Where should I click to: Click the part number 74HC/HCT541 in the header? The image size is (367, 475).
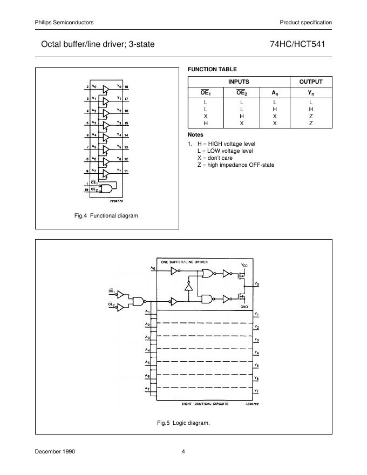tap(301, 45)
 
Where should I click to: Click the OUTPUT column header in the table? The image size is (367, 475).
tap(311, 82)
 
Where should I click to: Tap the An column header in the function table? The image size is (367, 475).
tap(275, 93)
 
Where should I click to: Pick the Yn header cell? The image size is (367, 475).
tap(311, 93)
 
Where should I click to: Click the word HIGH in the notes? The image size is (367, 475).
tap(218, 144)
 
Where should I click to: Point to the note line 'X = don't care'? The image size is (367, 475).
tap(215, 158)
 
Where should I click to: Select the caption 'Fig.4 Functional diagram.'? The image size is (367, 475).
tap(107, 216)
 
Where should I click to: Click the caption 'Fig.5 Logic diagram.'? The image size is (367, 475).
tap(183, 423)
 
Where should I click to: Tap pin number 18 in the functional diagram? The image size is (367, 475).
tap(126, 87)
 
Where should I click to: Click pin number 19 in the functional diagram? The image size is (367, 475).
tap(87, 190)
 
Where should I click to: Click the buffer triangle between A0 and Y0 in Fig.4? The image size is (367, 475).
tap(106, 88)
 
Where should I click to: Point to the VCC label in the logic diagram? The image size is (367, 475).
tap(244, 265)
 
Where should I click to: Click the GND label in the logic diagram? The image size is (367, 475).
tap(244, 306)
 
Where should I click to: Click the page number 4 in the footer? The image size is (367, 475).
tap(183, 451)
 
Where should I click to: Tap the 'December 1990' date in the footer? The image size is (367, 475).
tap(55, 451)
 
